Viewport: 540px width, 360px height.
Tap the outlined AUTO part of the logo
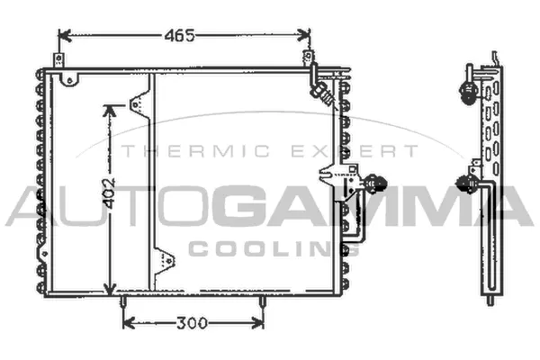108,205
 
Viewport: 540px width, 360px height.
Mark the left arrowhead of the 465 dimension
63,36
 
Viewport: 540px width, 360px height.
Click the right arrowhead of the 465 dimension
306,36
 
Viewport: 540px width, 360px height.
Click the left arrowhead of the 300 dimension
127,321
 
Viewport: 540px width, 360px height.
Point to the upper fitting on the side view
469,89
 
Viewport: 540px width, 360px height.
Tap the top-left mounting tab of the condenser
59,65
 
